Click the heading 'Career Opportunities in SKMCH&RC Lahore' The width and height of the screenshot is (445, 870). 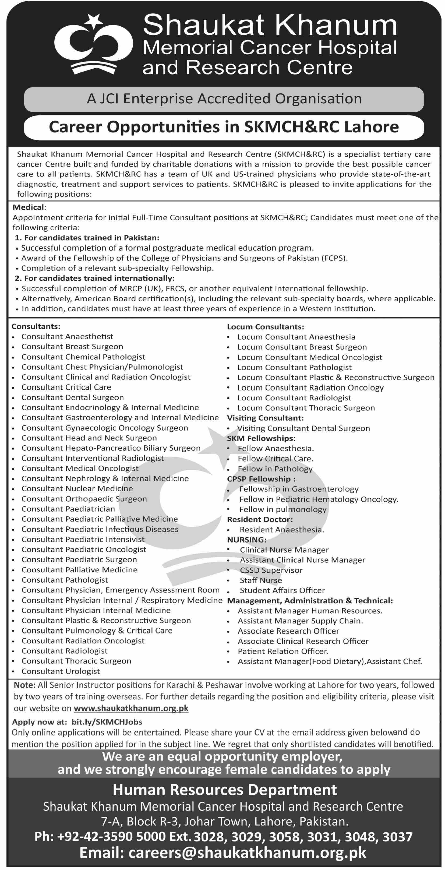[224, 127]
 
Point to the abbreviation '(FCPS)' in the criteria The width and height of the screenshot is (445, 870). [334, 258]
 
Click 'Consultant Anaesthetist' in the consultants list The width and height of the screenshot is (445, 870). [67, 337]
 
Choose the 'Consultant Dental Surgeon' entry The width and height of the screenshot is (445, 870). [73, 397]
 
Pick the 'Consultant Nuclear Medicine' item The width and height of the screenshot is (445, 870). [77, 489]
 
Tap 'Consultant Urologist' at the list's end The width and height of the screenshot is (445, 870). [61, 671]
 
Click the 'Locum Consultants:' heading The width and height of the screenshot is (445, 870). [265, 327]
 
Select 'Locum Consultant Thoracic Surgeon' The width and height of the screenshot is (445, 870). [306, 408]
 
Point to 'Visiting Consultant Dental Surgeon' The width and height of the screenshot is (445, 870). [303, 428]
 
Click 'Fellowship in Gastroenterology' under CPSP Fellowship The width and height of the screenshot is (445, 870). [299, 489]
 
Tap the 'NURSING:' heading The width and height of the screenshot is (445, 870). [246, 540]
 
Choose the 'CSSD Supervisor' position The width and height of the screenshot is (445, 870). [271, 570]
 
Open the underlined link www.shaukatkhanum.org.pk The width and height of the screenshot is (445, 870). [131, 708]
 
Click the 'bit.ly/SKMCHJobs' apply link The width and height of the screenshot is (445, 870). [107, 722]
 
